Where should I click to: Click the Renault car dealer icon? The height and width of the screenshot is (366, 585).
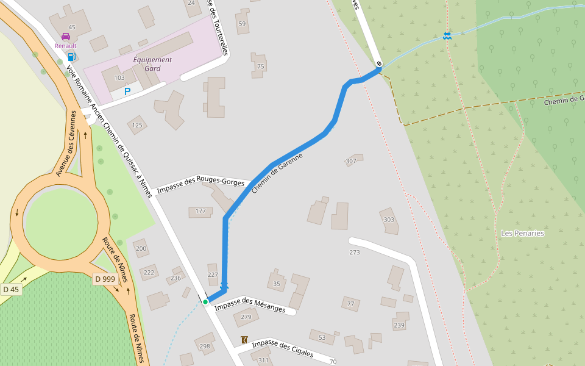coord(66,37)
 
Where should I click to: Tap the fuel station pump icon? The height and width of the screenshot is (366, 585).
coord(71,57)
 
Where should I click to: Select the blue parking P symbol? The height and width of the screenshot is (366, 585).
coord(127,91)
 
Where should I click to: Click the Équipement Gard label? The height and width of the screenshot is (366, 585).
coord(152,64)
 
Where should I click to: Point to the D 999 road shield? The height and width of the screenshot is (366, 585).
coord(105,279)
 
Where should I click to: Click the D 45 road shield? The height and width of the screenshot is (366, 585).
coord(11,289)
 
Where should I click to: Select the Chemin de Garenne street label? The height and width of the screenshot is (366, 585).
coord(277,173)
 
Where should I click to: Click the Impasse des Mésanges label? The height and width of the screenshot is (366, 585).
coord(250,305)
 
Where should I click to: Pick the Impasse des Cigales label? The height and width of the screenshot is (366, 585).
coord(282,348)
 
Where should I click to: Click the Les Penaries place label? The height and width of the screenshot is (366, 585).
coord(522,233)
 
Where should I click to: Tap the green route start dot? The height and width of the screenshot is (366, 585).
coord(205,301)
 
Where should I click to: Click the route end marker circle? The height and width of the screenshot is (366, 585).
coord(379,63)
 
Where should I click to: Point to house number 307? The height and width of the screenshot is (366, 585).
coord(351,161)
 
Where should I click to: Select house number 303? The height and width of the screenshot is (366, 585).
coord(389,220)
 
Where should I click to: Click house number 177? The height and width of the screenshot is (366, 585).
coord(200,211)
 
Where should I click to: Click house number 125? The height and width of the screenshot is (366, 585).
coord(137,126)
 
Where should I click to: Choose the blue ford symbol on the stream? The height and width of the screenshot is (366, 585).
coord(447,35)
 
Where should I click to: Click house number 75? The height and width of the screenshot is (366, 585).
coord(261,66)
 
